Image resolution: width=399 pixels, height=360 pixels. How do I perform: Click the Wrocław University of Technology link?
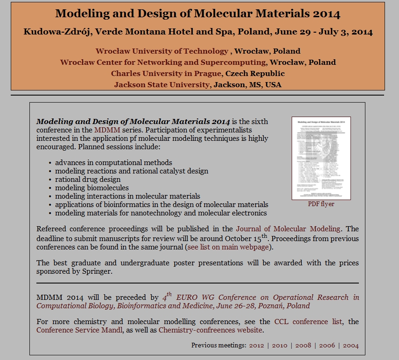[x=161, y=51]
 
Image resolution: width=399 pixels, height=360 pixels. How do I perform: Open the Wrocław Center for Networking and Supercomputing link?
[x=163, y=62]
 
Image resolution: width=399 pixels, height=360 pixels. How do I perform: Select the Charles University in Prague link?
[x=167, y=74]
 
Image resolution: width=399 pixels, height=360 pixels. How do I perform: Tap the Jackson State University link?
[x=161, y=85]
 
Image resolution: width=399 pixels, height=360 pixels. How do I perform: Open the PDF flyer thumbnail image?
[x=321, y=158]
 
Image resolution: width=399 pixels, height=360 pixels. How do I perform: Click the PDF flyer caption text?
[x=321, y=204]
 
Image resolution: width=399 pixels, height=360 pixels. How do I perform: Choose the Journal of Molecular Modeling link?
[x=289, y=229]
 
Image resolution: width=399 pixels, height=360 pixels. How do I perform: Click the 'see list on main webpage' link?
[x=228, y=247]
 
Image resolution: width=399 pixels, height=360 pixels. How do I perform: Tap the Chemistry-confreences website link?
[x=211, y=331]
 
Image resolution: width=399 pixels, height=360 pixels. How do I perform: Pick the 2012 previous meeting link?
[x=257, y=346]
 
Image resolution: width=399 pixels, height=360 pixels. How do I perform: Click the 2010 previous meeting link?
[x=280, y=346]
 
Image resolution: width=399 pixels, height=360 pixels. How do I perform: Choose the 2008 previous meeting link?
[x=303, y=346]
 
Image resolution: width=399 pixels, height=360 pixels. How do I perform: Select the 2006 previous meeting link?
[x=327, y=346]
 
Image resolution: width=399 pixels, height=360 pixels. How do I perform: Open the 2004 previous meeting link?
[x=350, y=346]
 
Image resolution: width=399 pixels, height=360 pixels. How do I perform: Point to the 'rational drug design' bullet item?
[x=88, y=180]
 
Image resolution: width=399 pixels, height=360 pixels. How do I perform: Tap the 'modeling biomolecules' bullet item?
[x=92, y=188]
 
